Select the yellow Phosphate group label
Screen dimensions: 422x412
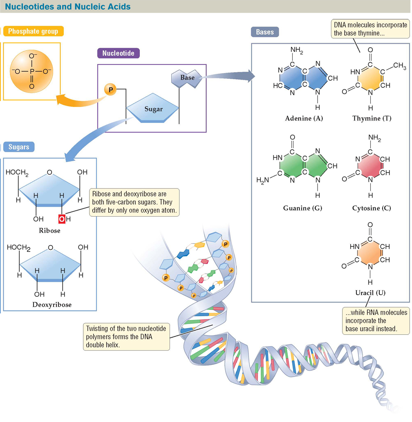click(33, 31)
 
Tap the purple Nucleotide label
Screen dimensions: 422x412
click(118, 53)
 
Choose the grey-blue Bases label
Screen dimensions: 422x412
click(265, 32)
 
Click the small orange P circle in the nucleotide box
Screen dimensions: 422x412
click(110, 89)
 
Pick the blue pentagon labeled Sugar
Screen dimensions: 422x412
click(153, 109)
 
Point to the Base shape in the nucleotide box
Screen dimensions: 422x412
click(187, 78)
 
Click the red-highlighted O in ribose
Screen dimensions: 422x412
click(62, 219)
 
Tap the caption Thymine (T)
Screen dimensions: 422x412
click(372, 118)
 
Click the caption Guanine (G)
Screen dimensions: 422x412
click(302, 208)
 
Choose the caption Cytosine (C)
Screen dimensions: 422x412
click(372, 208)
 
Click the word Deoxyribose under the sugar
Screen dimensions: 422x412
click(52, 304)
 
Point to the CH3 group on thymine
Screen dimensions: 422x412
click(399, 66)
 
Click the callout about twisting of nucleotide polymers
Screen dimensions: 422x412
click(126, 337)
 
